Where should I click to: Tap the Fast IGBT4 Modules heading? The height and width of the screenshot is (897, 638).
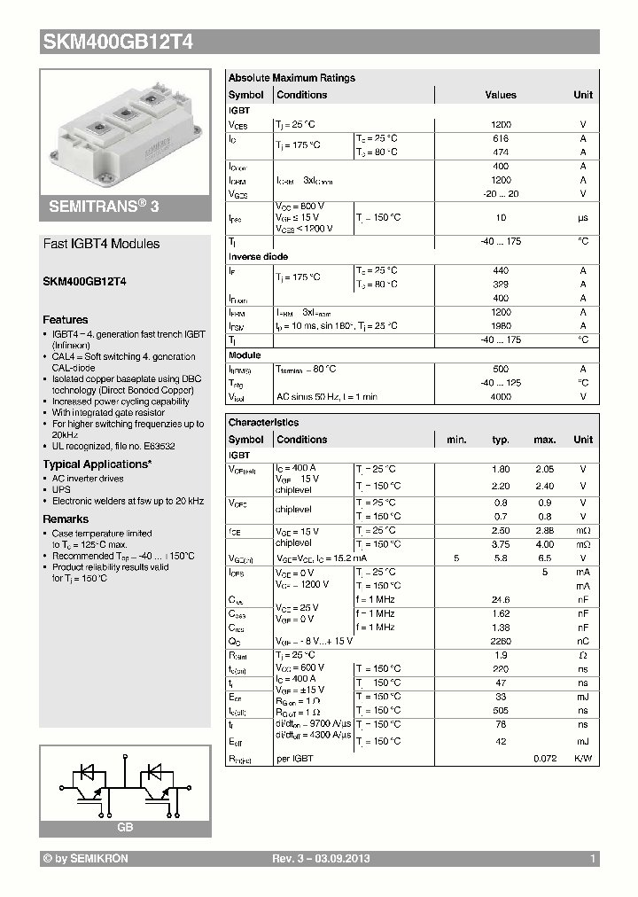[x=102, y=244]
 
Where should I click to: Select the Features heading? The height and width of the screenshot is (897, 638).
[x=66, y=319]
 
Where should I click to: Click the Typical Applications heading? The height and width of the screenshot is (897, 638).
[x=97, y=464]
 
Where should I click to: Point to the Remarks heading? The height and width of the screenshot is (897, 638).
[x=66, y=519]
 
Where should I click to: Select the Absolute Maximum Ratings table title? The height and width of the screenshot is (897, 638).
[x=292, y=78]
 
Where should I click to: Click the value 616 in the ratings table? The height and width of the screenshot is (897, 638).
[x=501, y=139]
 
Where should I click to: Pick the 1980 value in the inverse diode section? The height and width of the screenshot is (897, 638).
[x=501, y=326]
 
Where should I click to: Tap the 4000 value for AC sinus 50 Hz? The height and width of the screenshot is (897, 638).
[x=501, y=397]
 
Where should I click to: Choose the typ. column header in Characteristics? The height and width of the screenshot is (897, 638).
[x=501, y=440]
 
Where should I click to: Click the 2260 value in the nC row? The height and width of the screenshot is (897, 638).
[x=501, y=641]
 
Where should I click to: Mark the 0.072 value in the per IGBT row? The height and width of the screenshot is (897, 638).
[x=544, y=759]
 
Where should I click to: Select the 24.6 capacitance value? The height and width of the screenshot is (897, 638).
[x=501, y=599]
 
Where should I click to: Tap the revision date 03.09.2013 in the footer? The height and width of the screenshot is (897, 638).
[x=341, y=859]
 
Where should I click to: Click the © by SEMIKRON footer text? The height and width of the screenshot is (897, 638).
[x=86, y=859]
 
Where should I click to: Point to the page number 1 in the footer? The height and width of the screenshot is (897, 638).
[x=592, y=859]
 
